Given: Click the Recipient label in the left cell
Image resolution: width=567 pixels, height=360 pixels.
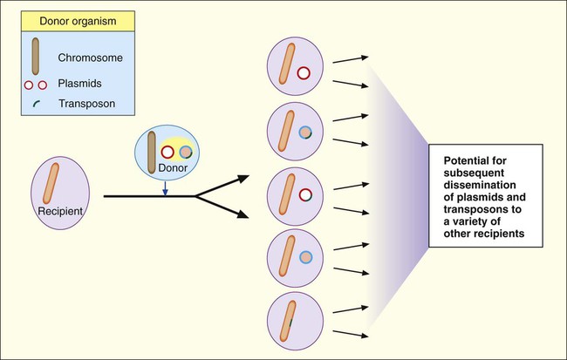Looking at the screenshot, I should coord(59,211).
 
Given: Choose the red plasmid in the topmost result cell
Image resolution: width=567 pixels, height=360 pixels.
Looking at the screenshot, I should coord(304,73).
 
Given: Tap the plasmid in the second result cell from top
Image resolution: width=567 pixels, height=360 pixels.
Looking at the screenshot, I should coord(304,132).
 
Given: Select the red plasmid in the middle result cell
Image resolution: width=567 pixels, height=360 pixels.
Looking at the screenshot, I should coord(304,195).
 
